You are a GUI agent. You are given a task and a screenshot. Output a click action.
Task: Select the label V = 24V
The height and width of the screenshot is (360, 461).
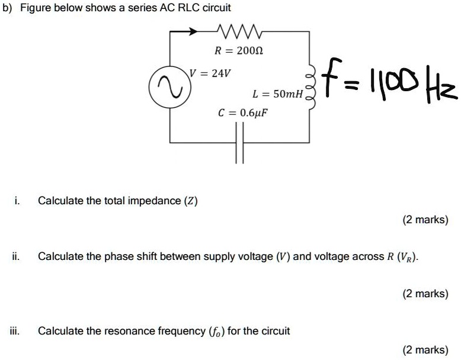point(210,73)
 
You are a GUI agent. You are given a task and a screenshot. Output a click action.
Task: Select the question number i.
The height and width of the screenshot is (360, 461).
point(17,201)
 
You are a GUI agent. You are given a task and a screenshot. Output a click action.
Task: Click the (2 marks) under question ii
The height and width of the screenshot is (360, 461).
point(425,294)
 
